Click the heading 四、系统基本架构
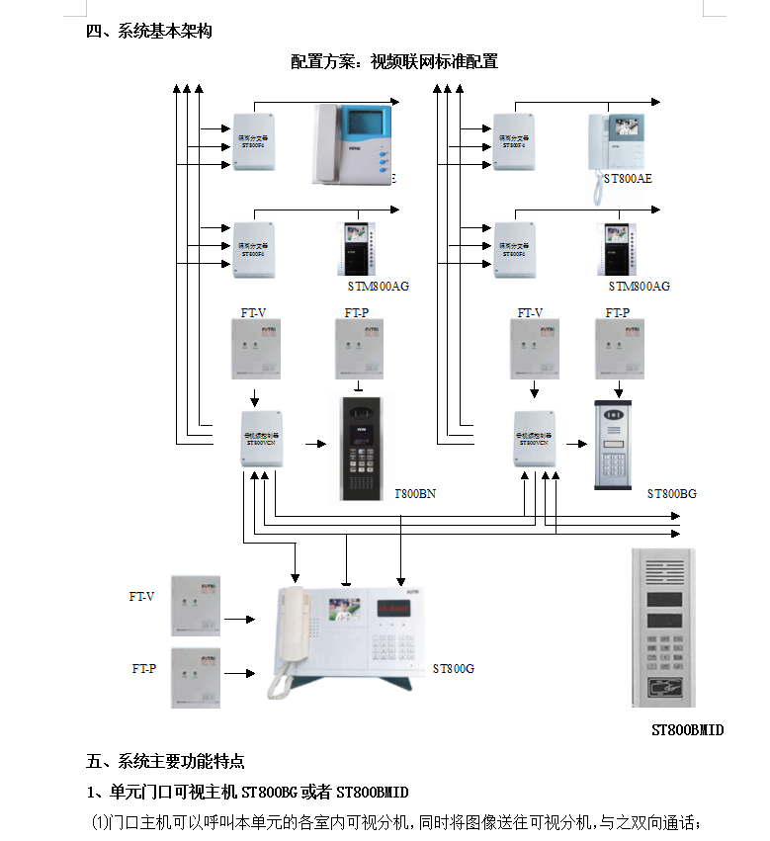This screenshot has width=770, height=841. click(149, 31)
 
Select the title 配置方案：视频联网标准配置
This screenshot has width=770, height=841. click(393, 61)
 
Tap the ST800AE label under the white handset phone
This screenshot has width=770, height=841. click(629, 178)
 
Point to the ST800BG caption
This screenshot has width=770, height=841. click(672, 493)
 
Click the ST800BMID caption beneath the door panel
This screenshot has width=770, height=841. click(687, 730)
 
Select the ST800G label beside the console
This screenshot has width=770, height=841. click(453, 669)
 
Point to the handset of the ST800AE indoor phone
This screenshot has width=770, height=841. click(597, 158)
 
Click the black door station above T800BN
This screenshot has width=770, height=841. click(360, 447)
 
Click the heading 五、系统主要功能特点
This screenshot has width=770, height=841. click(165, 761)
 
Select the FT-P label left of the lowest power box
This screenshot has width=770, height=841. click(144, 669)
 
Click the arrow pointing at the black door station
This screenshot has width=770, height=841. click(314, 445)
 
